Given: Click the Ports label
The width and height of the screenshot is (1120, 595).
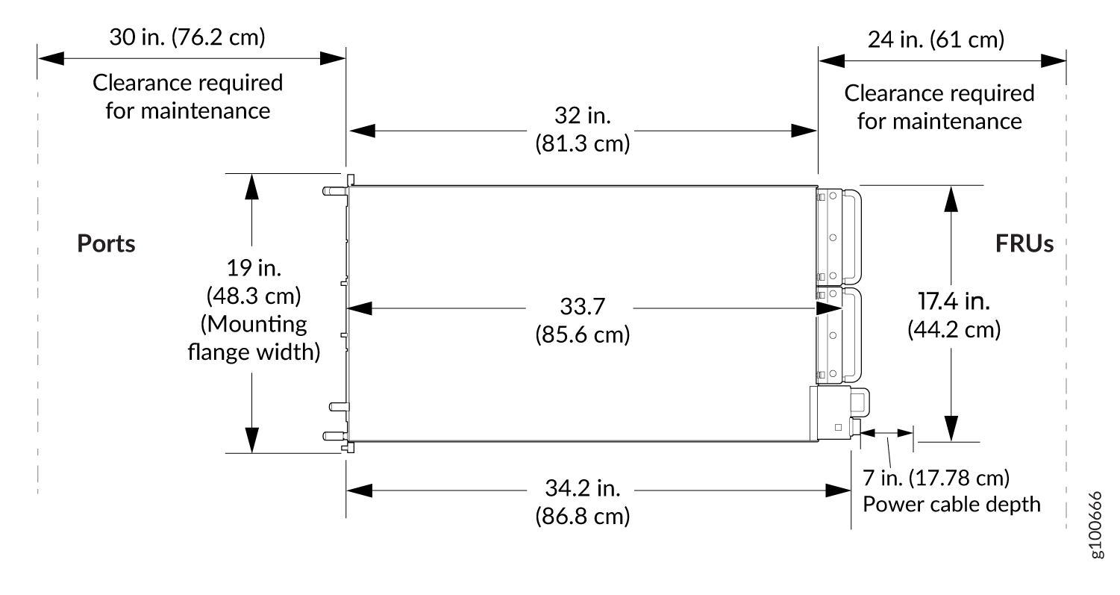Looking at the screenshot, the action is pyautogui.click(x=106, y=243).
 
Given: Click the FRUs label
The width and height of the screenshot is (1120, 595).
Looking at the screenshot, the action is pyautogui.click(x=1024, y=243).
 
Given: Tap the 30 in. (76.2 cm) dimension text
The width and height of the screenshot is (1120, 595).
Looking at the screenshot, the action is pyautogui.click(x=187, y=37).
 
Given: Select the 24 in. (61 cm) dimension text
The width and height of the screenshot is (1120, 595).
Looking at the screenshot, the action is pyautogui.click(x=936, y=40).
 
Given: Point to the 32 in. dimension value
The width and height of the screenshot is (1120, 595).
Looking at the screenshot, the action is pyautogui.click(x=583, y=116).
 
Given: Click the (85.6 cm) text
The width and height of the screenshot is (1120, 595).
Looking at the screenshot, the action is pyautogui.click(x=583, y=334).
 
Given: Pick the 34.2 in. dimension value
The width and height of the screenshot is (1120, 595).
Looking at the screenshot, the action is pyautogui.click(x=583, y=488).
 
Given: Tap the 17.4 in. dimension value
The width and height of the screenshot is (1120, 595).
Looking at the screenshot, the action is pyautogui.click(x=954, y=302).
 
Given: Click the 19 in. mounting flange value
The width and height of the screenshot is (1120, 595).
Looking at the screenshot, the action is pyautogui.click(x=254, y=268).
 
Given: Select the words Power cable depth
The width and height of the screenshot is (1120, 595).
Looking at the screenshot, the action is pyautogui.click(x=951, y=505).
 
